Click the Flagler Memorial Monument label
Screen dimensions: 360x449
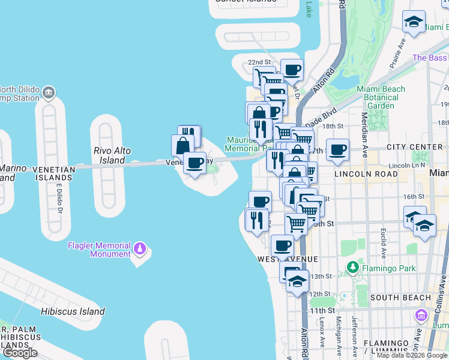pyautogui.click(x=99, y=250)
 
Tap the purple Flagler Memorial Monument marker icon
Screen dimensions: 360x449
pyautogui.click(x=140, y=247)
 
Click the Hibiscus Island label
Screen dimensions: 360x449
pyautogui.click(x=73, y=311)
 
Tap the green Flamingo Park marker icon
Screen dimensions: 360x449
pyautogui.click(x=352, y=266)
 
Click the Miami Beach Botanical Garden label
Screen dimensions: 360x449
pyautogui.click(x=381, y=97)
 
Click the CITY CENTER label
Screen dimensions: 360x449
pyautogui.click(x=414, y=147)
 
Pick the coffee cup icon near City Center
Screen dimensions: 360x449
pyautogui.click(x=338, y=149)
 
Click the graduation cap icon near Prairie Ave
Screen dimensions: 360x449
pyautogui.click(x=413, y=23)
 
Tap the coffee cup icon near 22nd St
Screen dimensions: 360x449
pyautogui.click(x=292, y=70)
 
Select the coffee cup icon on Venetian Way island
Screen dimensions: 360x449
pyautogui.click(x=194, y=163)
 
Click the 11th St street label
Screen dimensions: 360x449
pyautogui.click(x=322, y=310)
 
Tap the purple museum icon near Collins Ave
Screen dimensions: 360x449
pyautogui.click(x=421, y=315)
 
